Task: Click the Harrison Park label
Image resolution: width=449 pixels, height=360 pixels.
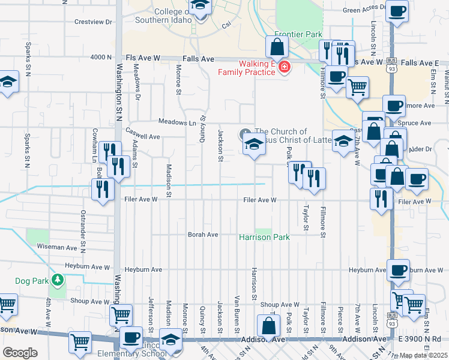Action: click(x=265, y=238)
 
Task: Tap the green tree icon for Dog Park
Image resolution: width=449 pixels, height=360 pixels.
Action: click(x=57, y=280)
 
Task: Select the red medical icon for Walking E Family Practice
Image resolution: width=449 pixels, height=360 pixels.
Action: click(x=283, y=66)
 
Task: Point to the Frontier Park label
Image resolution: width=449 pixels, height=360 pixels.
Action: click(x=298, y=35)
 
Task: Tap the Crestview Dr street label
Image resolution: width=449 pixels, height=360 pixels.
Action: click(x=93, y=22)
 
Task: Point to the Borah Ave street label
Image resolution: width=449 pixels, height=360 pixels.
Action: click(x=203, y=235)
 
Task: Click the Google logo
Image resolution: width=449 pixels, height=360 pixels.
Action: click(x=20, y=353)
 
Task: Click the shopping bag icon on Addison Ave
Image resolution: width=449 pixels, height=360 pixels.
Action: click(x=268, y=326)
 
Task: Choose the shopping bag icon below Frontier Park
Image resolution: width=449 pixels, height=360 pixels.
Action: click(x=276, y=46)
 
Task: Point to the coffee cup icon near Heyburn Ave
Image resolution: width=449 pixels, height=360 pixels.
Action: click(x=398, y=270)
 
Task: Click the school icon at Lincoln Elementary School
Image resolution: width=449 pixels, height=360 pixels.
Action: click(x=171, y=339)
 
